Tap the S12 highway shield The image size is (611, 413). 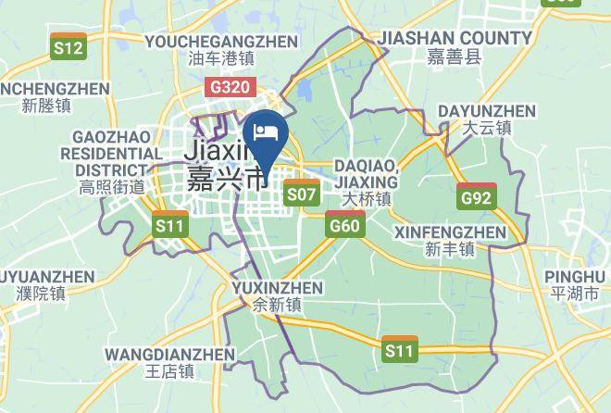[69, 47]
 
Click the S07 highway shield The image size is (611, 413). [302, 194]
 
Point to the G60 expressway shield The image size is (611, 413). [344, 224]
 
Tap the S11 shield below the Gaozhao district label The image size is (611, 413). [170, 224]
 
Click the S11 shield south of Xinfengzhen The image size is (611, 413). [400, 349]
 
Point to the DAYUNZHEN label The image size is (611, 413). [487, 111]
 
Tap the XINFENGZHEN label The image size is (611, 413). [450, 232]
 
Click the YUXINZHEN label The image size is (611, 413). [277, 286]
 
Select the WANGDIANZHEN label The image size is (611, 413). [170, 354]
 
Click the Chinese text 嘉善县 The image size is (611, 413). [455, 57]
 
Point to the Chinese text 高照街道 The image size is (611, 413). [112, 187]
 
